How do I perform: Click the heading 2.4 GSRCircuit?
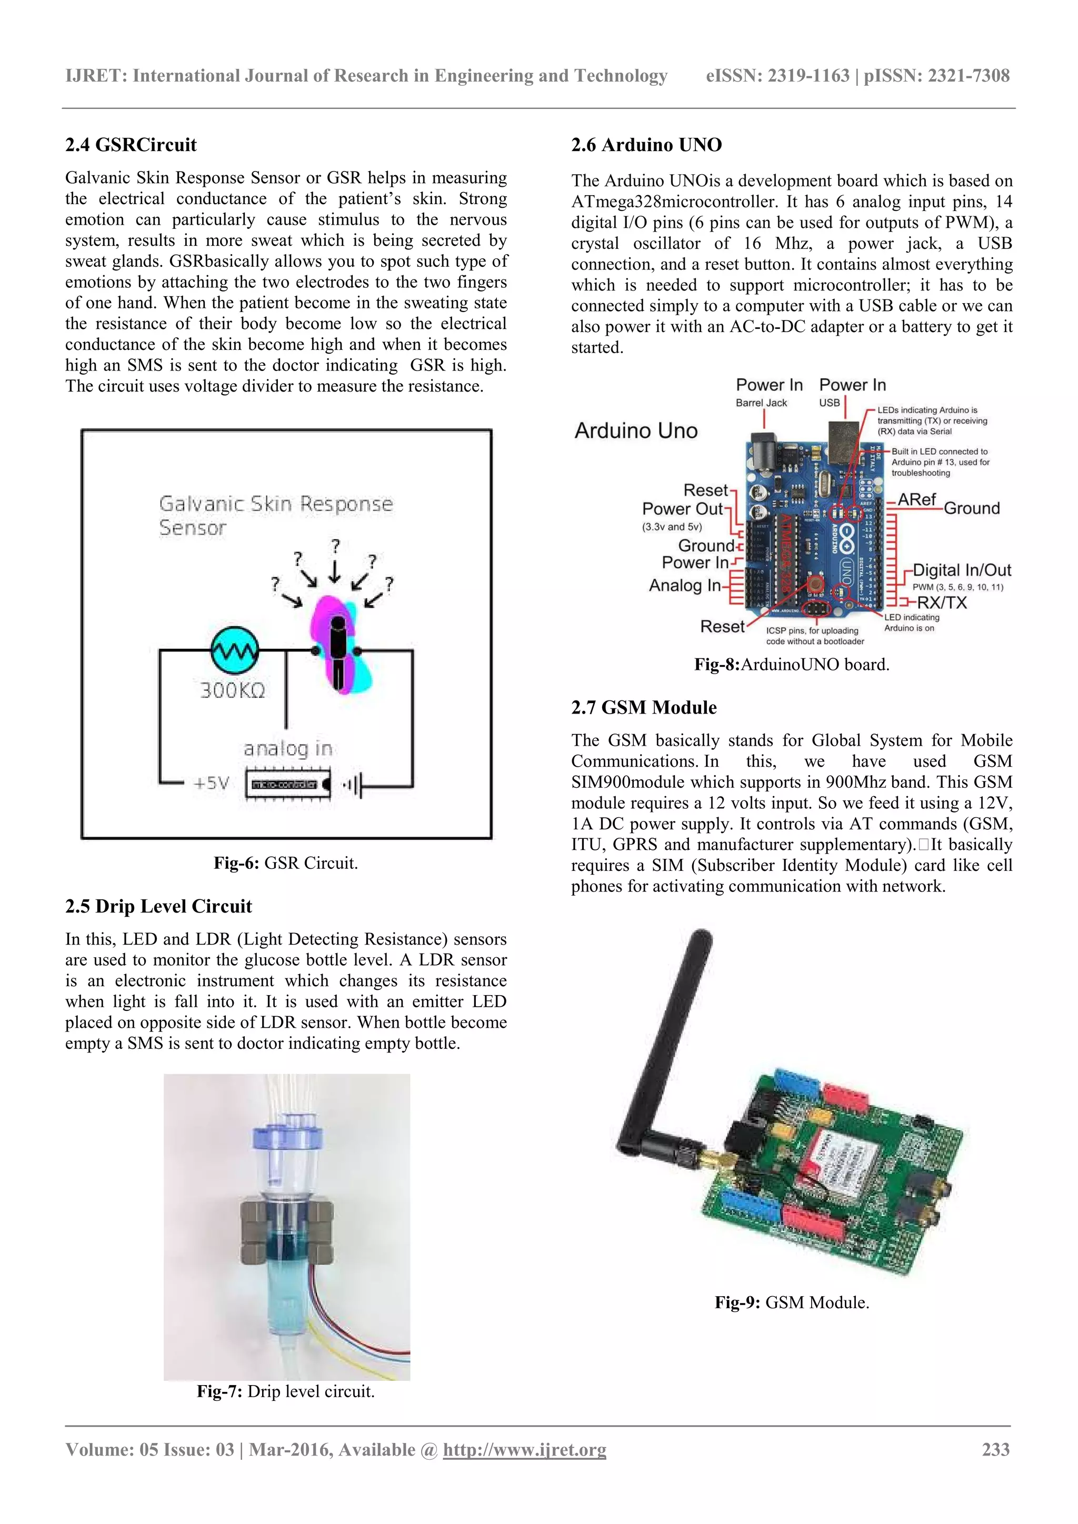pos(131,145)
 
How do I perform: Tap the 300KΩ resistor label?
pos(232,690)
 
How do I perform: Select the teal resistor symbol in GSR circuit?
pos(234,650)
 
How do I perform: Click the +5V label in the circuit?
pos(211,783)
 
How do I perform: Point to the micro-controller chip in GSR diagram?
pos(287,785)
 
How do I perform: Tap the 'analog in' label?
pos(287,749)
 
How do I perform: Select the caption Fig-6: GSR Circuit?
pos(285,863)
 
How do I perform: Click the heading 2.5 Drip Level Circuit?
pos(158,906)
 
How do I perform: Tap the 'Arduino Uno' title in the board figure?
pos(636,431)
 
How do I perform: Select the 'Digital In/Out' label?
pos(961,570)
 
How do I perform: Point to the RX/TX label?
pos(941,603)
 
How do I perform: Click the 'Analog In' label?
pos(684,585)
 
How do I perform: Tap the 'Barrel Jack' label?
pos(761,403)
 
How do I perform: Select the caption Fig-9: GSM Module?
pos(791,1302)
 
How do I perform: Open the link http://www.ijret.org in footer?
pos(524,1450)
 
